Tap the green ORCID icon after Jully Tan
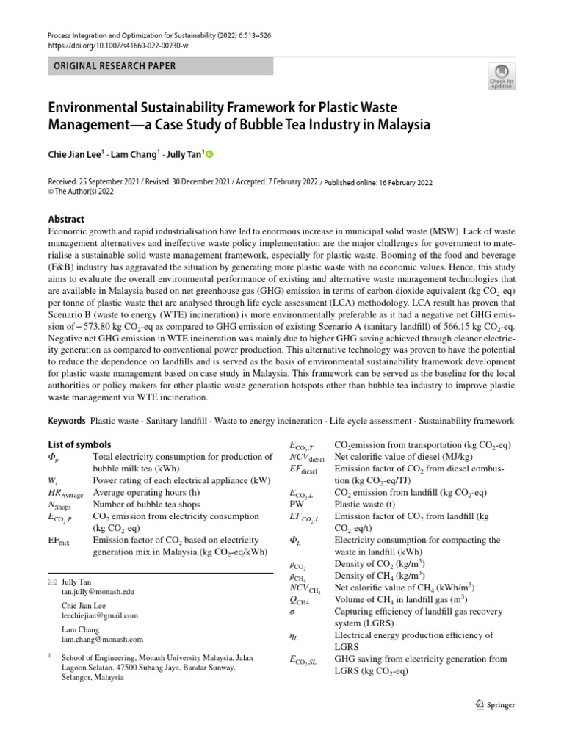click(x=209, y=154)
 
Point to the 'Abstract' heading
click(x=66, y=219)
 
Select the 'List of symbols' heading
click(x=79, y=444)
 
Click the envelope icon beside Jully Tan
click(x=51, y=581)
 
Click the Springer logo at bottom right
click(x=491, y=704)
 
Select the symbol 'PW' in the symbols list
click(x=297, y=505)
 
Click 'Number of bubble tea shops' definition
click(x=151, y=505)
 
